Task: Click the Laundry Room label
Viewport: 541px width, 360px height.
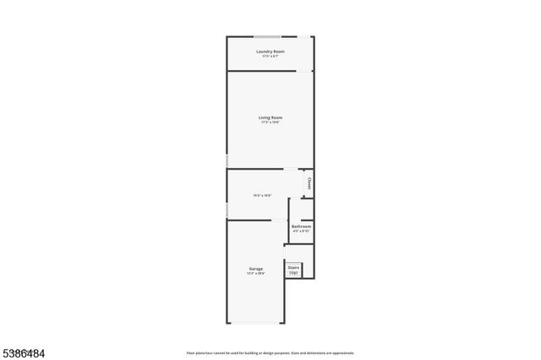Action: (270, 52)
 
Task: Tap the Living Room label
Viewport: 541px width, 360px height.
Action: (270, 117)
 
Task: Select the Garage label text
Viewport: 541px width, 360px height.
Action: (255, 269)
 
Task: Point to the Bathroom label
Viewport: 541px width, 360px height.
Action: (301, 226)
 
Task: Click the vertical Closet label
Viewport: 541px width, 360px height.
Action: (309, 182)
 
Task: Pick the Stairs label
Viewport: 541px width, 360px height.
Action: (293, 268)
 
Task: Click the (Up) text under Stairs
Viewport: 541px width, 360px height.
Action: (293, 273)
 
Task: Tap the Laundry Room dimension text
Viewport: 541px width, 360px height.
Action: (270, 57)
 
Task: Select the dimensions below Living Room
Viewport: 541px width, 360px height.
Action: (270, 123)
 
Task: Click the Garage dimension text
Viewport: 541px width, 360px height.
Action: (255, 274)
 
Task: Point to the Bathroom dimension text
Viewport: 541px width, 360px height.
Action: (301, 231)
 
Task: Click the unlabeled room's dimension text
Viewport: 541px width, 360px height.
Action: (262, 195)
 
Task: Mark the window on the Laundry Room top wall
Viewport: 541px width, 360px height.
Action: (269, 36)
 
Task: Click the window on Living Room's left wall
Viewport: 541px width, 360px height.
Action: (227, 161)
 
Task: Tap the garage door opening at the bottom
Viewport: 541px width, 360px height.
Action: (257, 323)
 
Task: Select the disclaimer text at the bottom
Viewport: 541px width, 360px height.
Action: (270, 353)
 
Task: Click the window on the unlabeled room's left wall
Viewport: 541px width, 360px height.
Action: (227, 209)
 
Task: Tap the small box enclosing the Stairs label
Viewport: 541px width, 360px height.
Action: (293, 270)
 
